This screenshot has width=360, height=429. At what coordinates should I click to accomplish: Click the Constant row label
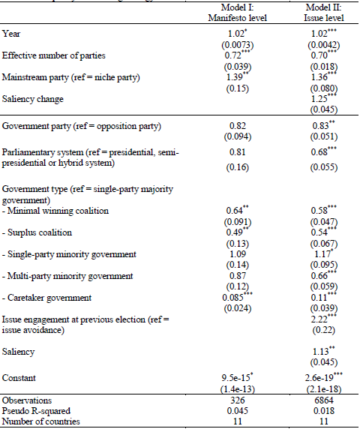pos(20,376)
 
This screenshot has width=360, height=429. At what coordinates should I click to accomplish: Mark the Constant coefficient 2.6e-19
pos(322,376)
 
